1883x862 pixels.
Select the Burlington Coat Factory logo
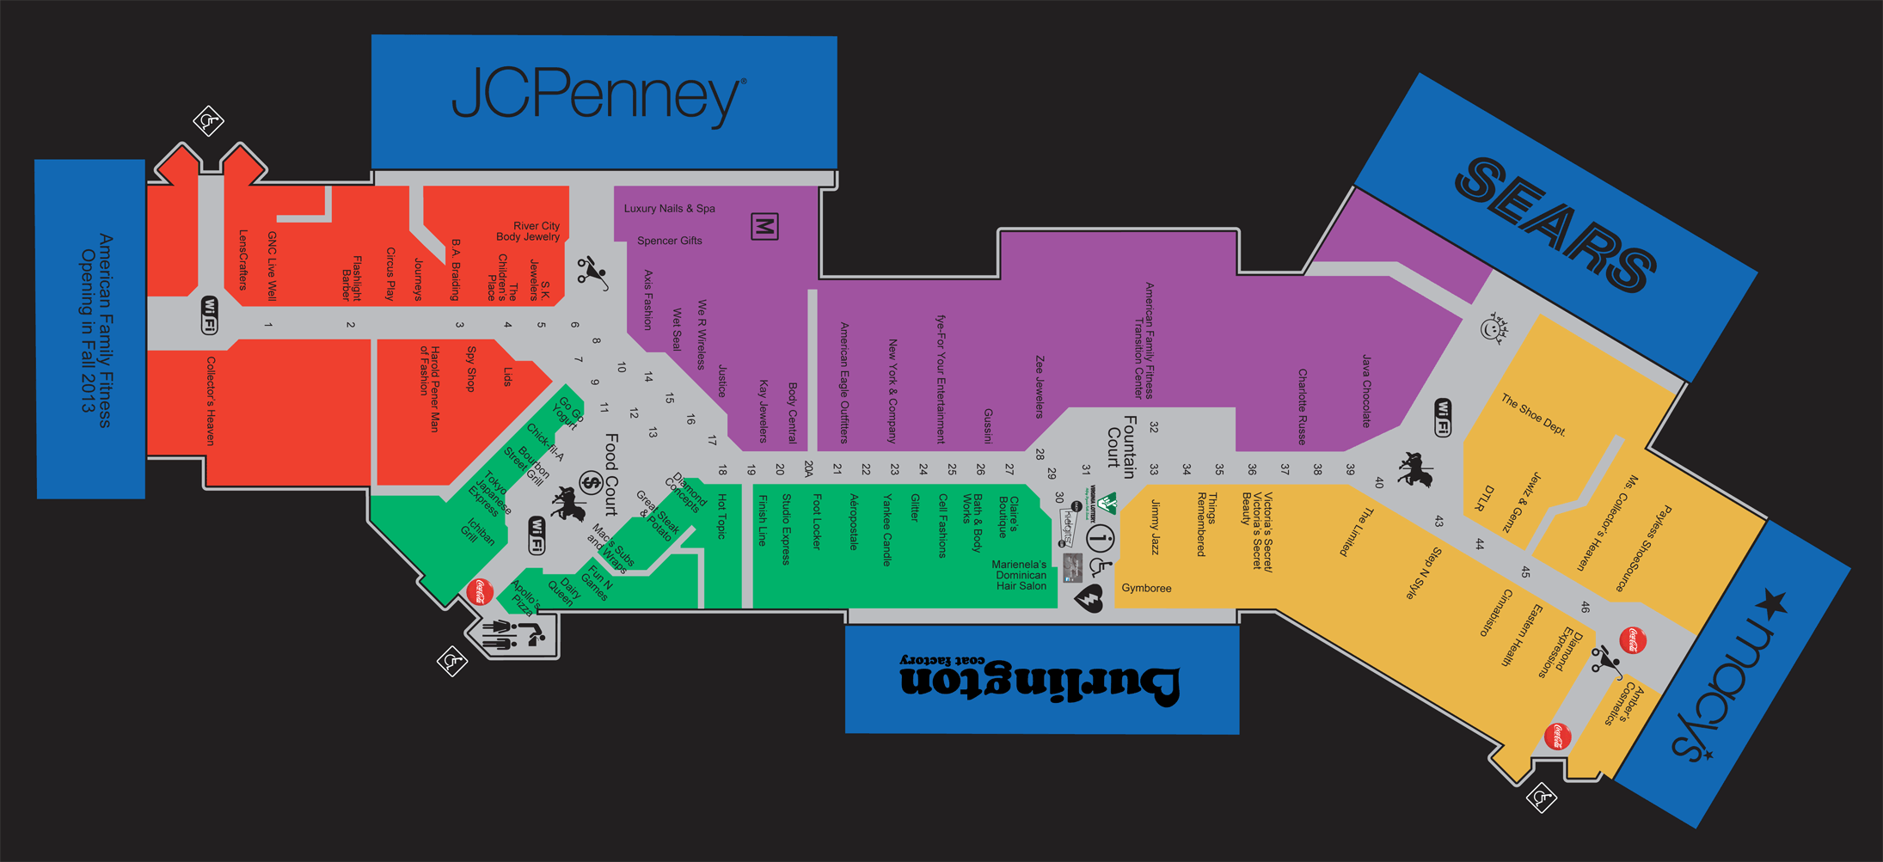tap(1040, 677)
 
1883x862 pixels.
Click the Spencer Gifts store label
tap(669, 241)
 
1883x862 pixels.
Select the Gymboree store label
tap(1146, 589)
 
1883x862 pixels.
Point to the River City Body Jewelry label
tap(528, 231)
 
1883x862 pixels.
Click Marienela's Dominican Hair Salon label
tap(1021, 576)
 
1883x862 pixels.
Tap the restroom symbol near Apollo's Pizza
tap(512, 635)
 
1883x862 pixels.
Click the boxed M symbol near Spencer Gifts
tap(764, 227)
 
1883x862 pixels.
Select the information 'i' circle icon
tap(1100, 539)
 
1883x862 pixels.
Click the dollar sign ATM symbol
tap(591, 483)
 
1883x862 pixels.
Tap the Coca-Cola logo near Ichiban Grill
tap(480, 591)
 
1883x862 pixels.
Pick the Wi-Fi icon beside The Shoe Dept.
tap(1442, 417)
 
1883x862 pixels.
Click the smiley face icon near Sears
tap(1494, 329)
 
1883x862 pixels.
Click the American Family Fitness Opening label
tap(95, 330)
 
